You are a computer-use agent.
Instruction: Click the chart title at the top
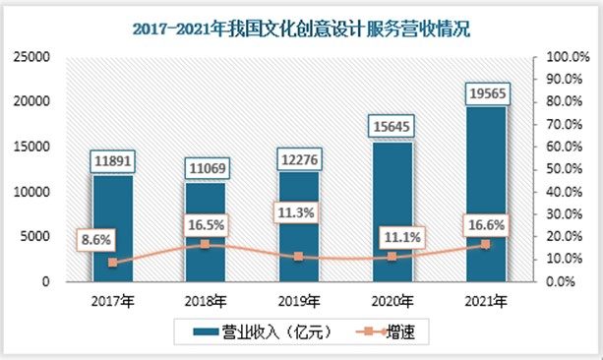301,30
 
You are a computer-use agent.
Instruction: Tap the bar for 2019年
299,226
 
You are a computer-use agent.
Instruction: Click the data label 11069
206,168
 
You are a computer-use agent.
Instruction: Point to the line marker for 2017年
112,263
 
